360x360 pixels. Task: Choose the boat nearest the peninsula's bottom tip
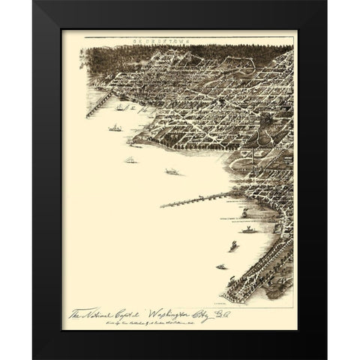(222, 265)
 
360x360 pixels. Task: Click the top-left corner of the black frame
(33, 2)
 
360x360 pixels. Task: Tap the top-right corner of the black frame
(327, 2)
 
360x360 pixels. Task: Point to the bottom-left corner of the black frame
(33, 358)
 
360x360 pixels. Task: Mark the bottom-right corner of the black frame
(327, 358)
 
